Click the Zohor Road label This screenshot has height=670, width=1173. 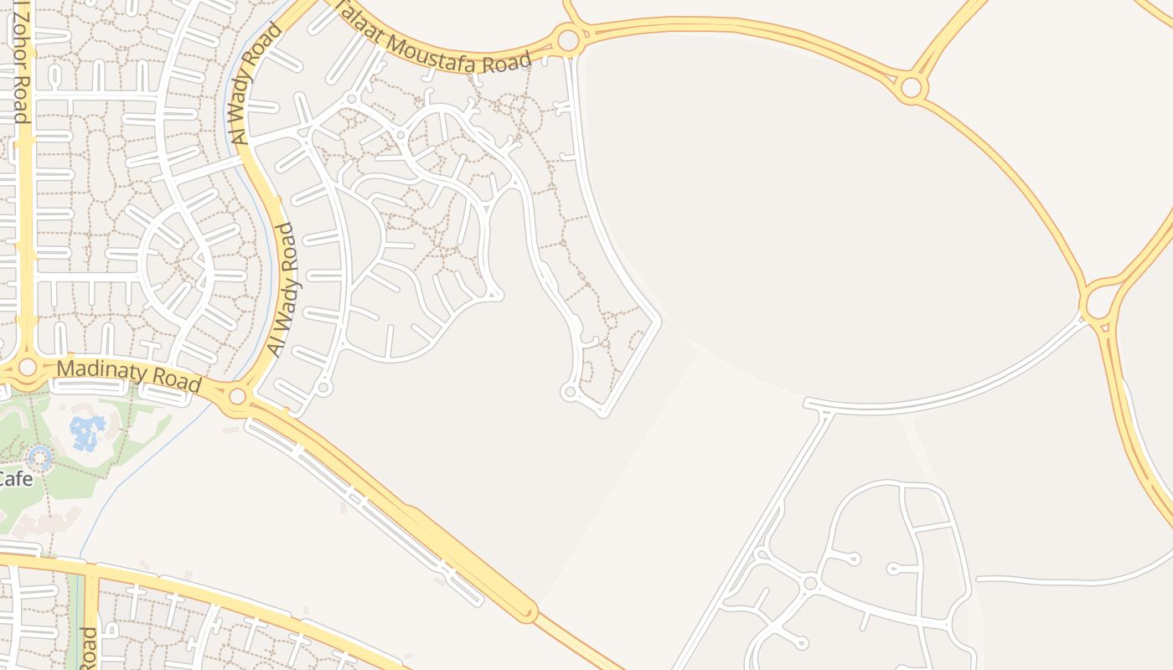[x=19, y=62]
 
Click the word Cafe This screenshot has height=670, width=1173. [x=15, y=479]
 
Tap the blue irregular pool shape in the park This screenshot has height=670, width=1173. [x=87, y=431]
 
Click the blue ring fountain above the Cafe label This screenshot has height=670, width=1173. [x=39, y=457]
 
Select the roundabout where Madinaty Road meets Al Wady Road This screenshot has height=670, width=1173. [x=238, y=395]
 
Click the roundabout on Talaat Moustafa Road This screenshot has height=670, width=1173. [x=568, y=39]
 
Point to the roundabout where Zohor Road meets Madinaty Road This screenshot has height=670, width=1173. [x=27, y=367]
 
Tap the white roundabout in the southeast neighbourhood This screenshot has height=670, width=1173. [x=809, y=583]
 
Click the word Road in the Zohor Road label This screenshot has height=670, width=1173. [x=20, y=100]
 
